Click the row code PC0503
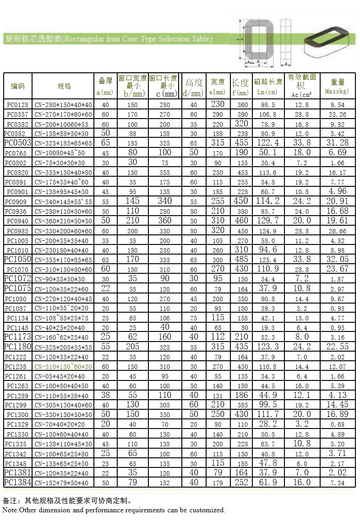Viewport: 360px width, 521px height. [x=17, y=143]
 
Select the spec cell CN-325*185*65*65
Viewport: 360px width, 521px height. [x=63, y=143]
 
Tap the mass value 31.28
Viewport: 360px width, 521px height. [x=338, y=143]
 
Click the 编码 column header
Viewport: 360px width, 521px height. [x=18, y=86]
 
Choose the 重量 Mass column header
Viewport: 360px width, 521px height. [x=338, y=86]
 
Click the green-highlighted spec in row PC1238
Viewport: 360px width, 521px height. [x=63, y=367]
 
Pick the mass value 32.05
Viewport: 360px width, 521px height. [x=338, y=259]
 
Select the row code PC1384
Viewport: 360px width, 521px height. [x=17, y=482]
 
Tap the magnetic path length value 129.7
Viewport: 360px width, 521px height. [x=268, y=221]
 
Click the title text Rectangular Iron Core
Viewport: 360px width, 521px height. [x=137, y=39]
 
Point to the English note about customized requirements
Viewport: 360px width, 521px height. [x=114, y=510]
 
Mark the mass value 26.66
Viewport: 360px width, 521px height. [x=338, y=231]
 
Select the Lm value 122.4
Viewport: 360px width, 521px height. [x=268, y=143]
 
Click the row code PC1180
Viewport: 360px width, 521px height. [x=17, y=346]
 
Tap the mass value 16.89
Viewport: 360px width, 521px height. [x=338, y=414]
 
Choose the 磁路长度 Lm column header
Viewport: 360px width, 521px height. [x=268, y=86]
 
